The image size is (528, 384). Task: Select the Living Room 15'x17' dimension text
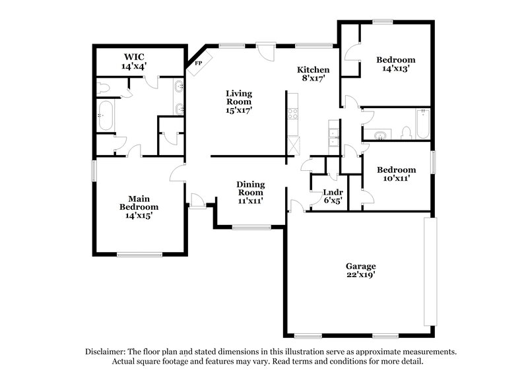[x=239, y=110]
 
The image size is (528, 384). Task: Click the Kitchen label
[x=313, y=70]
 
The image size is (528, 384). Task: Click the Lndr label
[x=331, y=193]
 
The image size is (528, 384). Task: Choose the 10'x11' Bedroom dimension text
[x=396, y=178]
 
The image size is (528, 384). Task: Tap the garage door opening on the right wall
[x=430, y=271]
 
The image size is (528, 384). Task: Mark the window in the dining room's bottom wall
[x=251, y=228]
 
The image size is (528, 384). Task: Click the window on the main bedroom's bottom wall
[x=139, y=254]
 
